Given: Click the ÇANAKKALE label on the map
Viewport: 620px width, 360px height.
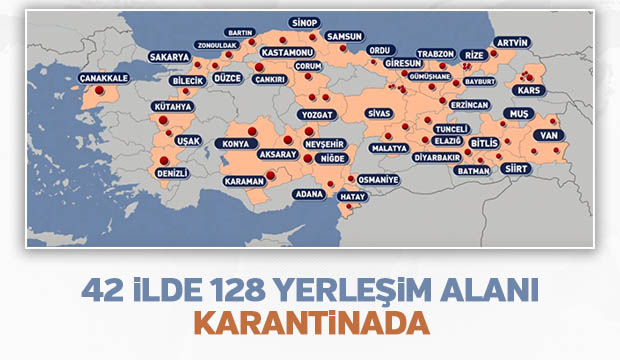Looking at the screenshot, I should (x=103, y=77).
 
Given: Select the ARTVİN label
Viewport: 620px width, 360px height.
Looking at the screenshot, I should (x=511, y=42).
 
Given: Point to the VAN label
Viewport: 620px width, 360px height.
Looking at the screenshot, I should (x=546, y=134).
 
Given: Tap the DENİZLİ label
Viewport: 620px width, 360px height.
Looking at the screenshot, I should (x=173, y=172).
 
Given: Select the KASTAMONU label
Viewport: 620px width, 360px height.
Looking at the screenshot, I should (x=287, y=51).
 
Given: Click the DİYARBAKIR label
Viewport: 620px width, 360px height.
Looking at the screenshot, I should (x=438, y=157).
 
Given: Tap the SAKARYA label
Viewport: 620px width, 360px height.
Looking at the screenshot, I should (x=169, y=57).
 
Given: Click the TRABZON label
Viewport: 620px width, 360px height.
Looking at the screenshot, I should (x=436, y=54).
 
